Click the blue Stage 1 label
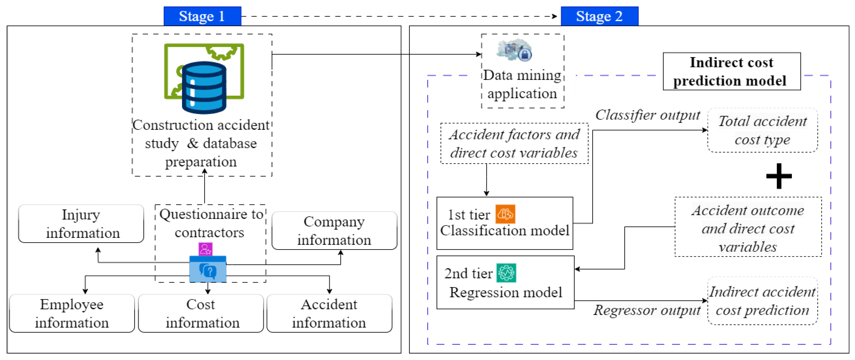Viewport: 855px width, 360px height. pyautogui.click(x=202, y=16)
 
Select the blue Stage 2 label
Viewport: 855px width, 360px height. pyautogui.click(x=599, y=16)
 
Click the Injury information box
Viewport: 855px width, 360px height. pyautogui.click(x=81, y=224)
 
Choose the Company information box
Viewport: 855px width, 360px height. pyautogui.click(x=334, y=231)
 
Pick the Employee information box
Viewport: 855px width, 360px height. pyautogui.click(x=72, y=313)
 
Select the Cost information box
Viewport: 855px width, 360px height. pyautogui.click(x=201, y=313)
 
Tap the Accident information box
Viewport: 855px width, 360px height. pyautogui.click(x=329, y=313)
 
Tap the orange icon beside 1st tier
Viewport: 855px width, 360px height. pyautogui.click(x=505, y=214)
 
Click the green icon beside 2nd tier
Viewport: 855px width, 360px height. pyautogui.click(x=506, y=273)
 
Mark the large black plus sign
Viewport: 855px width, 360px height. pyautogui.click(x=779, y=176)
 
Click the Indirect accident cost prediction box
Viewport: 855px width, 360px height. pyautogui.click(x=762, y=301)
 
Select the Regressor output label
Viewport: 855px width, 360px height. pyautogui.click(x=647, y=310)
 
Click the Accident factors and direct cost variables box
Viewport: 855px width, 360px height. pyautogui.click(x=514, y=144)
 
